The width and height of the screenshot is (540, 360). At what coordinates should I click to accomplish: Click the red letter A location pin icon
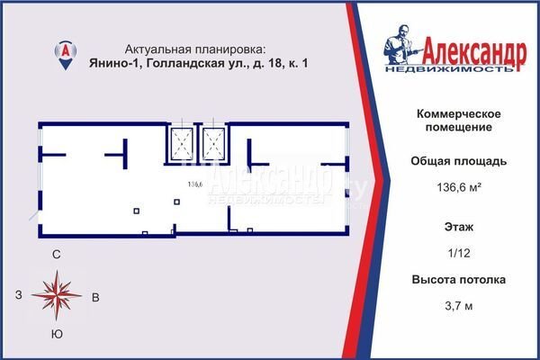click(x=66, y=55)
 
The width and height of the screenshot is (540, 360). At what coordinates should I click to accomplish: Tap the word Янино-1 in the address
click(x=113, y=63)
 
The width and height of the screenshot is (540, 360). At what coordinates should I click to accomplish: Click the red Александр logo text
click(x=474, y=53)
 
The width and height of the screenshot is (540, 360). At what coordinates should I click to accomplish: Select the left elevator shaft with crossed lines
click(x=182, y=144)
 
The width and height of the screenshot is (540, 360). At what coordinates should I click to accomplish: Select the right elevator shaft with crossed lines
click(x=213, y=144)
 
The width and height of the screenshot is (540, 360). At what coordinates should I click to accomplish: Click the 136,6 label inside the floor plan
click(x=195, y=184)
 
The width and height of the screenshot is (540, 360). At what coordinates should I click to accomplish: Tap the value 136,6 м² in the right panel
click(x=459, y=187)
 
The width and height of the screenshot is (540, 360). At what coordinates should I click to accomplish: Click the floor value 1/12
click(x=459, y=253)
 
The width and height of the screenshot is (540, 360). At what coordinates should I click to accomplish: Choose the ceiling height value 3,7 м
click(x=459, y=306)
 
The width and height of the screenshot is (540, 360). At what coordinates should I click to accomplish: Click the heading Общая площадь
click(x=459, y=161)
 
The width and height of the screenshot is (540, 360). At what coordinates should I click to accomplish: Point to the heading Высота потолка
click(x=459, y=280)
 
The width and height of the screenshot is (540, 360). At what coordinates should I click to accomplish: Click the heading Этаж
click(x=459, y=227)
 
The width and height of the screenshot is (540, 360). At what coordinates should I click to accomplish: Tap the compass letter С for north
click(x=57, y=255)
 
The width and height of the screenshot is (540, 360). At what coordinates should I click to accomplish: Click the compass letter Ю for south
click(x=57, y=334)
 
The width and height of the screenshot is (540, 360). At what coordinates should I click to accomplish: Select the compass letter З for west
click(x=19, y=295)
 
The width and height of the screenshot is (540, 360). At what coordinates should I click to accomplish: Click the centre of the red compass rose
click(x=57, y=295)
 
